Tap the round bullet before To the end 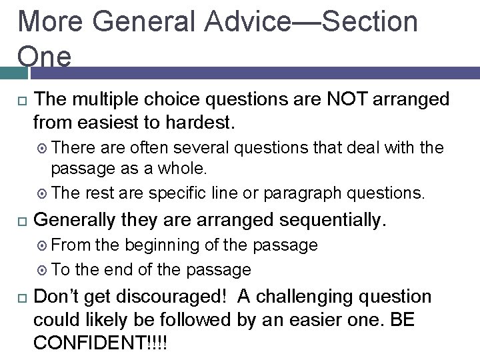coord(42,270)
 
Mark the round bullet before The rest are coord(42,194)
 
